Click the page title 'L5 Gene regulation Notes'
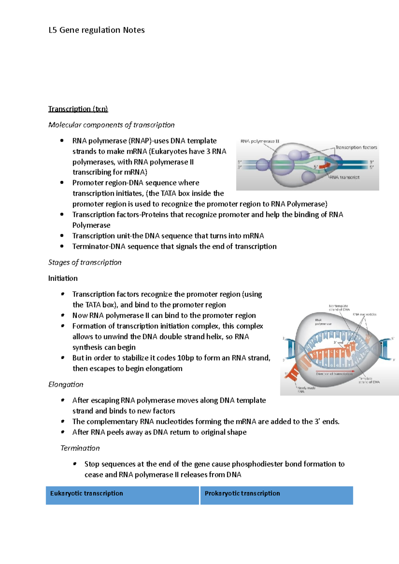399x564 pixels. [x=96, y=30]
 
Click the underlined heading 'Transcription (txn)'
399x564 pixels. [x=78, y=109]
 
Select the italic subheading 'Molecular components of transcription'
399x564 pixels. [x=111, y=125]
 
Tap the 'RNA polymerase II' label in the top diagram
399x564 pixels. [x=260, y=141]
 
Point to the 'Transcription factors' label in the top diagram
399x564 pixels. [x=356, y=147]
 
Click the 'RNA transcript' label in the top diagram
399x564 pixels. [x=344, y=177]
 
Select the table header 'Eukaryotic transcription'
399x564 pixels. [x=86, y=493]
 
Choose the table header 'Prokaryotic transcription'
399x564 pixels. [x=242, y=493]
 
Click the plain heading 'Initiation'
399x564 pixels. [x=63, y=278]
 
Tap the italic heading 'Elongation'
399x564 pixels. [x=66, y=385]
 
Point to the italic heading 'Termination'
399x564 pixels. [x=80, y=448]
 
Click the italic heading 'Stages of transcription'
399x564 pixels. [x=85, y=262]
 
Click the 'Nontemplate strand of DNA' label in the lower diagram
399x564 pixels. [x=339, y=308]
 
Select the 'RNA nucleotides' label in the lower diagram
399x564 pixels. [x=364, y=314]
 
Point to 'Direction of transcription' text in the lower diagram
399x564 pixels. [x=334, y=374]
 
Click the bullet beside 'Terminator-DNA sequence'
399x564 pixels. [x=62, y=246]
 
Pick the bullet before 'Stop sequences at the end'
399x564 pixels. [x=75, y=464]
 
